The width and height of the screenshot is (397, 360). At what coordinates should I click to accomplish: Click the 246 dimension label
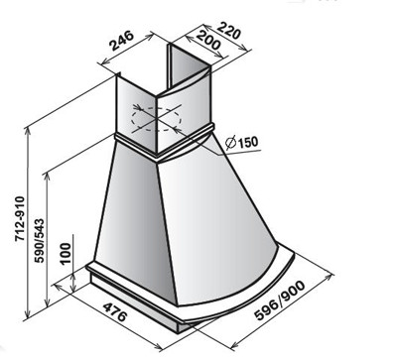click(122, 41)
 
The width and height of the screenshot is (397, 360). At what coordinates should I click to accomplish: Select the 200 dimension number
click(207, 40)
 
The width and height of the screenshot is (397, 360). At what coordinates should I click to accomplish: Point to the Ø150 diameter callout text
click(241, 142)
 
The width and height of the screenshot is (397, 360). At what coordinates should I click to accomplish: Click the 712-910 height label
click(20, 219)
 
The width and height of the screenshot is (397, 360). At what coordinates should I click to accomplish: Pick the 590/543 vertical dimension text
click(40, 240)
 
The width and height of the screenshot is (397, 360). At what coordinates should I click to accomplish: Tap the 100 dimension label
click(66, 253)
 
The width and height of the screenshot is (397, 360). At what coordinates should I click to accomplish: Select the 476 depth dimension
click(115, 311)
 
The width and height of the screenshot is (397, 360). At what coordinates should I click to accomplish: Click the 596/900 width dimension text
click(281, 300)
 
